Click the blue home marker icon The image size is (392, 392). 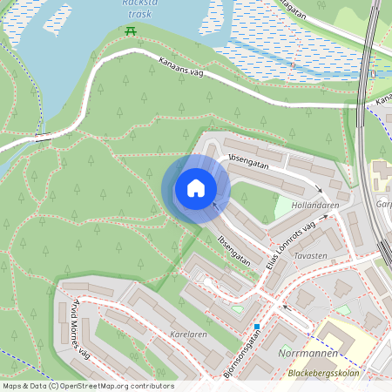[196, 188]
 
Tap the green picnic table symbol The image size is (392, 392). [131, 31]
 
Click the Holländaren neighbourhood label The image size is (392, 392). [314, 205]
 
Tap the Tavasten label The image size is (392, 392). [310, 256]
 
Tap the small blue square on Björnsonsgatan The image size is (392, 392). [257, 327]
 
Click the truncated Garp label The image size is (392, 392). [383, 205]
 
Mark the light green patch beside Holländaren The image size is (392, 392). [284, 208]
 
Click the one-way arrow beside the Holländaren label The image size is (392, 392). [319, 189]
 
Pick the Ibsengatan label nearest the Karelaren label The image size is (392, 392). [234, 249]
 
